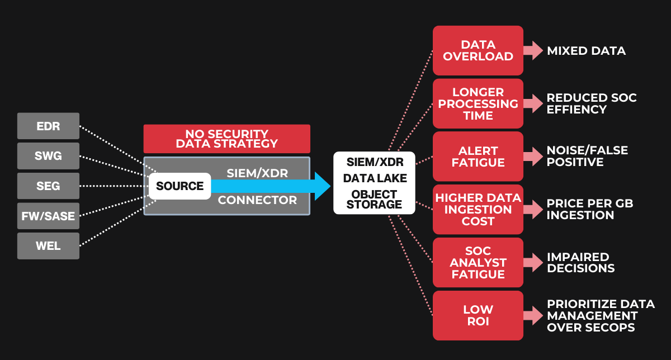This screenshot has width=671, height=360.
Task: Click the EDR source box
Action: [48, 126]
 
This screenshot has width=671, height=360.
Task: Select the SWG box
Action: [48, 156]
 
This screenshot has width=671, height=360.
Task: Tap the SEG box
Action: [48, 186]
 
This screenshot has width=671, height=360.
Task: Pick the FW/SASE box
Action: [48, 216]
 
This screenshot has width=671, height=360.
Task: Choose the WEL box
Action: [48, 246]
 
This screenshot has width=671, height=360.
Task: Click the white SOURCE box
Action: [179, 186]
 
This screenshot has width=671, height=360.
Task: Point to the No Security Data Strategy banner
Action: [226, 139]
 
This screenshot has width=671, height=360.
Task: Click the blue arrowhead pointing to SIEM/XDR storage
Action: [323, 186]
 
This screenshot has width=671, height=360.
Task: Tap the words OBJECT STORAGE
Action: [374, 200]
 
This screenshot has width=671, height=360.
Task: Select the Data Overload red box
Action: [478, 50]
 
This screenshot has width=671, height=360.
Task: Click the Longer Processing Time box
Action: [478, 103]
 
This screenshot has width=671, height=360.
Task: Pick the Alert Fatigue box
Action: [478, 157]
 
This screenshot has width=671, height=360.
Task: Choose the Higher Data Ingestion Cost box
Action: [478, 210]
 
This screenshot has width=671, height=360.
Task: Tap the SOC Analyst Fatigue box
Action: [478, 263]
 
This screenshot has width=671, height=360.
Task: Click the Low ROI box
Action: [478, 315]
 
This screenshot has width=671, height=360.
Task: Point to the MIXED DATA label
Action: [586, 51]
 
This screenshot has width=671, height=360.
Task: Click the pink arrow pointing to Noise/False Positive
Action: [533, 157]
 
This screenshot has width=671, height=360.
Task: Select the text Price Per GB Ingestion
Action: [590, 209]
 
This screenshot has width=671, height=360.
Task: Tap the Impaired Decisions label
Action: [580, 263]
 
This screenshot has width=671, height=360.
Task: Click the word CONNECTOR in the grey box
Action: [257, 200]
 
